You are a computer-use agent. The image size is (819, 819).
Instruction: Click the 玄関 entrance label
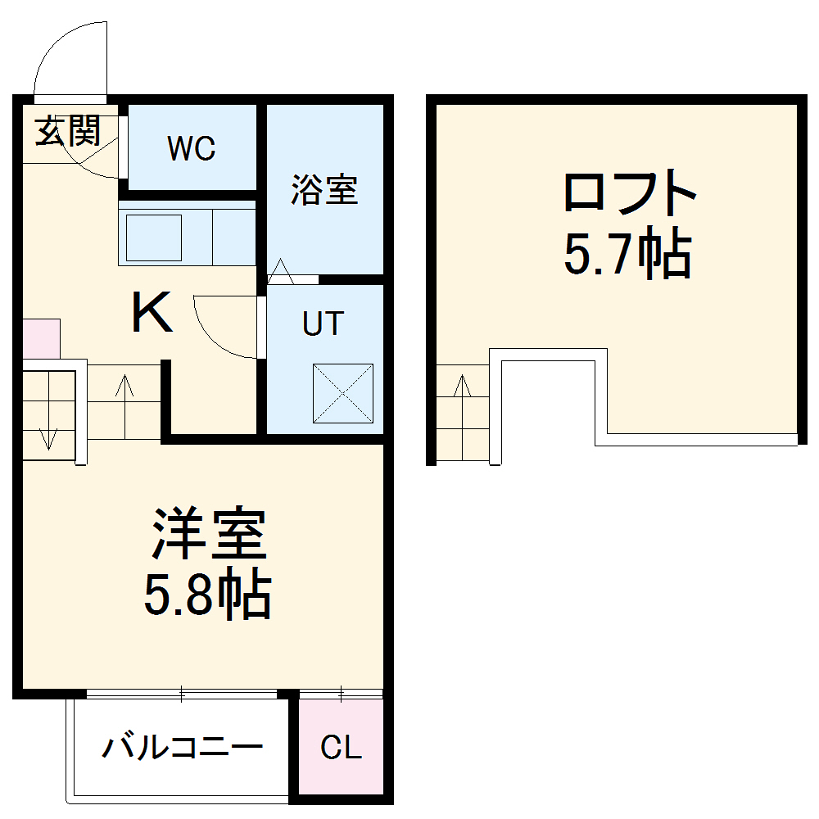click(x=67, y=131)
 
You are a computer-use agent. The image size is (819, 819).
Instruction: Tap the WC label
click(x=191, y=148)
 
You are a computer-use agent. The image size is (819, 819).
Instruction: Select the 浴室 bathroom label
click(x=324, y=190)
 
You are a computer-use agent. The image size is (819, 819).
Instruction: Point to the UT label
click(x=323, y=324)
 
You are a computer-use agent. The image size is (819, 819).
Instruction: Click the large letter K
click(x=152, y=314)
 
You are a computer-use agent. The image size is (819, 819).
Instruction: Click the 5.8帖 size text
click(x=207, y=595)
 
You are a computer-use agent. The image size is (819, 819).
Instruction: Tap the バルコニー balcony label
click(x=183, y=747)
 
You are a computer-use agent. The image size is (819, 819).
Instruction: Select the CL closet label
click(x=341, y=747)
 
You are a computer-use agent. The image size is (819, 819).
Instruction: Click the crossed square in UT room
click(x=342, y=393)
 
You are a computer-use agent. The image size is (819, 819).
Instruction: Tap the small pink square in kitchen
click(x=41, y=338)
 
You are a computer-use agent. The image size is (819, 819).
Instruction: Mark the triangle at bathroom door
click(x=281, y=271)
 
